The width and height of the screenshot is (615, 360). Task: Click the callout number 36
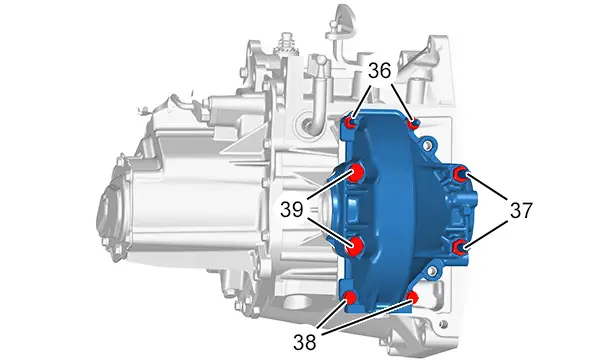pos(380,71)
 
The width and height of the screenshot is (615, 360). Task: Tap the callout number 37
pos(521,210)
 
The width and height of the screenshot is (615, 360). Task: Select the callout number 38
pos(304,342)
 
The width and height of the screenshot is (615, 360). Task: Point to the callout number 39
pos(291,210)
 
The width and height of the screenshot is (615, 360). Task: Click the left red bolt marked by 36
pos(350,123)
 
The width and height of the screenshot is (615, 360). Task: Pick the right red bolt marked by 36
pos(413,124)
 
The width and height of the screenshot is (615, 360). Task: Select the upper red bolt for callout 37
pos(459,173)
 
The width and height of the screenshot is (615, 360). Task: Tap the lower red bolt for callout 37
pos(459,247)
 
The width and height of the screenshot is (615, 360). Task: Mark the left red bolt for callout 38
pos(349,298)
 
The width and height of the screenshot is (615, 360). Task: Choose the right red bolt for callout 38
pos(412,298)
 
